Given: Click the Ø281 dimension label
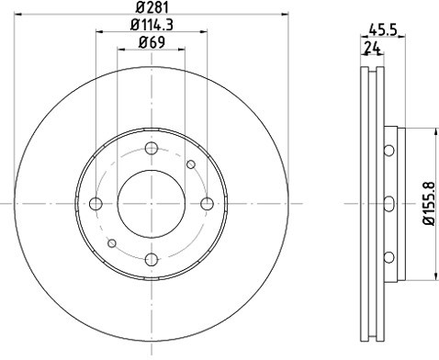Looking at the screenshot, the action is (x=152, y=7).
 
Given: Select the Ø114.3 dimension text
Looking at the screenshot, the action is (x=152, y=25).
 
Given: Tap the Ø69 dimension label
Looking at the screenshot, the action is (x=152, y=42).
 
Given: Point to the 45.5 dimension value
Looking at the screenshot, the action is (x=383, y=30).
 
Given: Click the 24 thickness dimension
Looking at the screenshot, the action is (x=372, y=48).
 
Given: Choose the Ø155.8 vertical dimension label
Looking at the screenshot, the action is (x=429, y=203).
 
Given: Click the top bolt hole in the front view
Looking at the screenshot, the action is (x=152, y=148).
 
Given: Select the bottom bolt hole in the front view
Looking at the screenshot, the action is (x=152, y=260).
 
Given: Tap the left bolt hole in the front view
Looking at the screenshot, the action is (x=96, y=204).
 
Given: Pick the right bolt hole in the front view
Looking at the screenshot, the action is (x=208, y=204).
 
